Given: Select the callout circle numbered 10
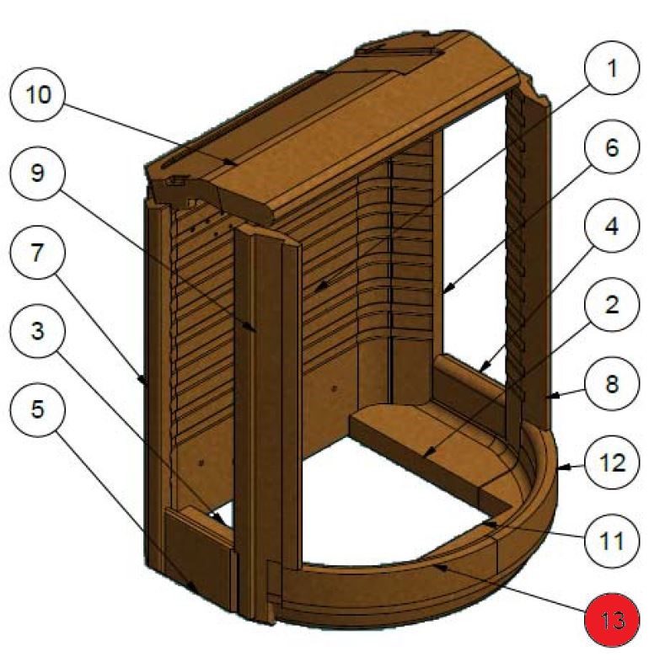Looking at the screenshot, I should tap(37, 93).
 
